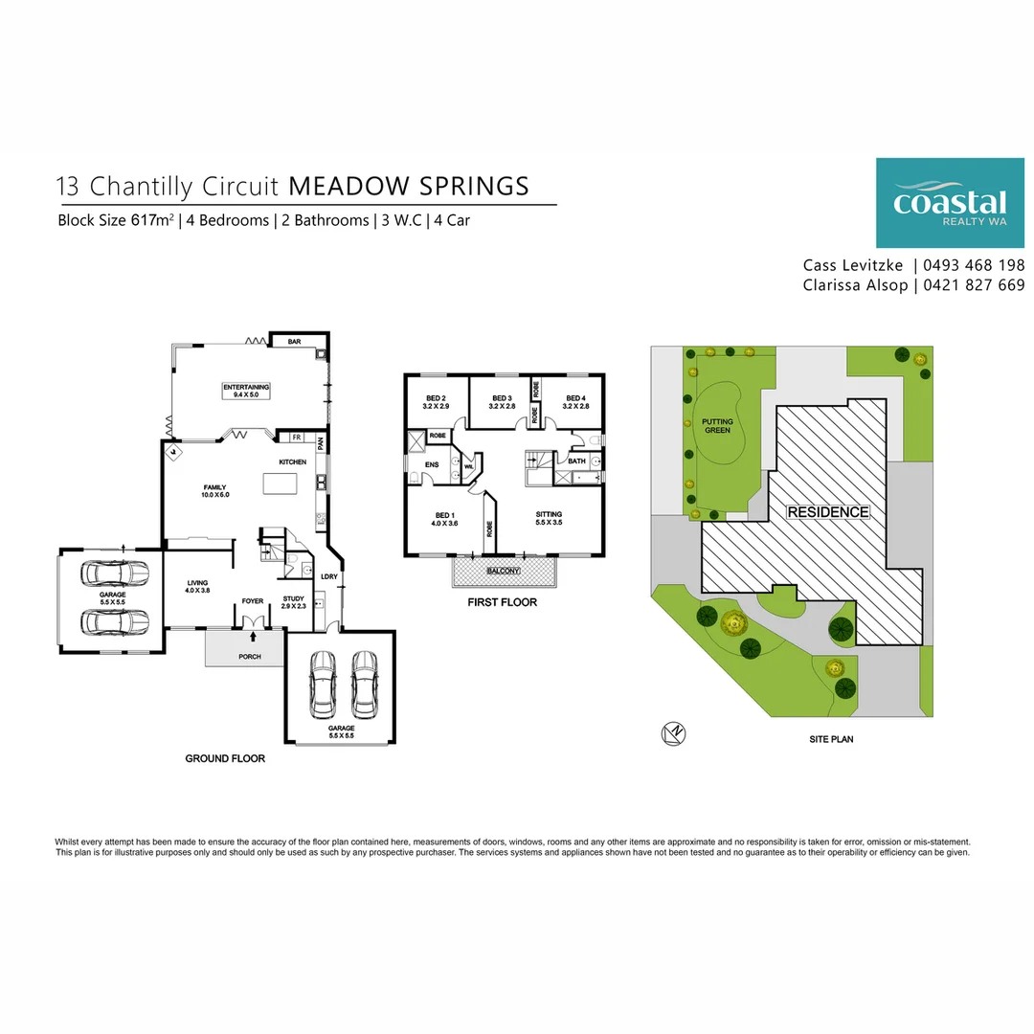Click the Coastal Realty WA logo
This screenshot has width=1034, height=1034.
point(950,203)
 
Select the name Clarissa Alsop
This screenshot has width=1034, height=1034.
point(855,285)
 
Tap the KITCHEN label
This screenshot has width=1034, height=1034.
point(292,462)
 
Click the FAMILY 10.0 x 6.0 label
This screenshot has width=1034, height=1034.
point(214,490)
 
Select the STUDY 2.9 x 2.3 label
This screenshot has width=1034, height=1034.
point(293,603)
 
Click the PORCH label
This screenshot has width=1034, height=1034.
point(249,657)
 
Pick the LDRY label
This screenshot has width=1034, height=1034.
point(327,576)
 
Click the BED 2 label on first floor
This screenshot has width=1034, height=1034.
point(436,402)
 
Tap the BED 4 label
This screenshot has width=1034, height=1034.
point(574,402)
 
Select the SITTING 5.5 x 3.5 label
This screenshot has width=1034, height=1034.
point(549,518)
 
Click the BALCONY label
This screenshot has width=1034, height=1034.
point(504,571)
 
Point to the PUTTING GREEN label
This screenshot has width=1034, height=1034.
point(717,425)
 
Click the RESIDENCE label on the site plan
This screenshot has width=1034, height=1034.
point(827,512)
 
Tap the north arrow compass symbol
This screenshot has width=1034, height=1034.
point(673,733)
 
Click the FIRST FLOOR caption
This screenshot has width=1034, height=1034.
point(502,602)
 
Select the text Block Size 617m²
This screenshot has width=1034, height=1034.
point(116,220)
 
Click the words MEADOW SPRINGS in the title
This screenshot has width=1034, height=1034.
point(409,185)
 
